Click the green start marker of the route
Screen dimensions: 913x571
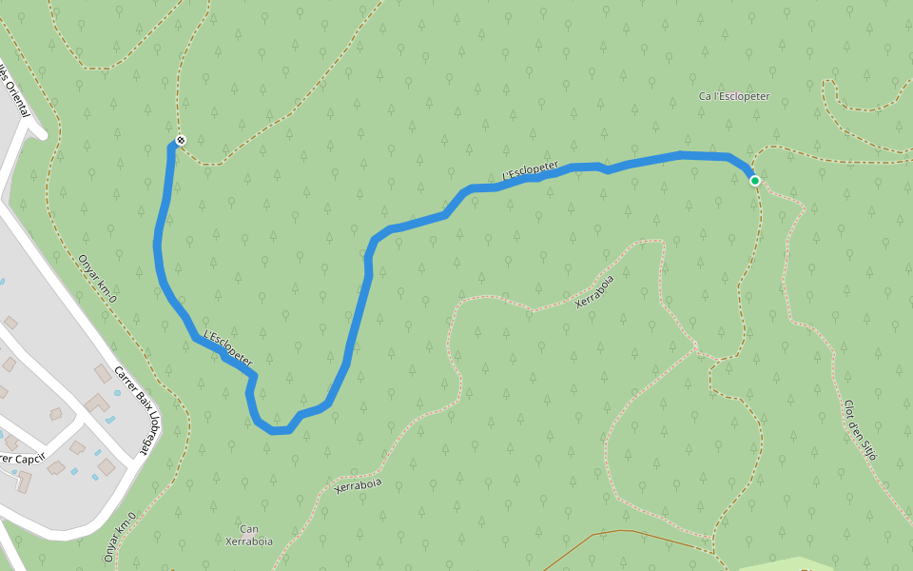pos(754,180)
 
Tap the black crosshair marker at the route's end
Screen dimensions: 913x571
pos(181,141)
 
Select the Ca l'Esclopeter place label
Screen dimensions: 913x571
pos(733,96)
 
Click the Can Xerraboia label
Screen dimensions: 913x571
pos(249,535)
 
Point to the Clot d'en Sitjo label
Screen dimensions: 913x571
pos(859,429)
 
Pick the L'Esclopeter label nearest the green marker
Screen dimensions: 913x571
pos(530,170)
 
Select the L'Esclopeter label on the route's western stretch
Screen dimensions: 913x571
pos(228,348)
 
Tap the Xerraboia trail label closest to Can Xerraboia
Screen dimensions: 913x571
pos(359,484)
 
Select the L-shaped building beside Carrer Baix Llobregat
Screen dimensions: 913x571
pos(97,404)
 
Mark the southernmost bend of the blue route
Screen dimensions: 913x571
pos(279,431)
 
